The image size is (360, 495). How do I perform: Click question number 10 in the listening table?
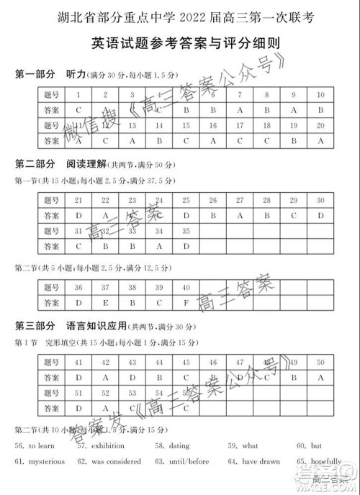(x=320, y=95)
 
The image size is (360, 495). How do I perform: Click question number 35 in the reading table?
(x=186, y=231)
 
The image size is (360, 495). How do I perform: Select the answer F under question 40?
(x=186, y=302)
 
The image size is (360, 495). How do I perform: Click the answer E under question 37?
(x=105, y=302)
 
